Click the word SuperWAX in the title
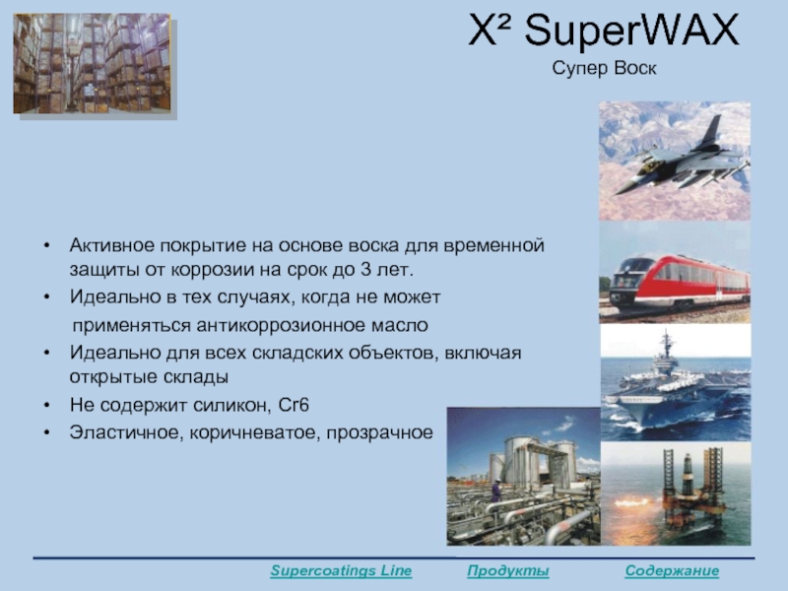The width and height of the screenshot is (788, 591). (631, 32)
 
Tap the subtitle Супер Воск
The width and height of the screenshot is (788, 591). (604, 68)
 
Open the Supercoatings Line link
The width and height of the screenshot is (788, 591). (341, 571)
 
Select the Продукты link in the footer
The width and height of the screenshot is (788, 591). (508, 571)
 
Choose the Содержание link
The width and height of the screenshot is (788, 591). (672, 571)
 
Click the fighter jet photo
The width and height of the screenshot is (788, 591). (675, 161)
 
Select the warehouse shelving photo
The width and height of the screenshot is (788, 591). (92, 63)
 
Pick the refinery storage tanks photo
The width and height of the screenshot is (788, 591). (524, 476)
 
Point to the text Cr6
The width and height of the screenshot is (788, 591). (294, 405)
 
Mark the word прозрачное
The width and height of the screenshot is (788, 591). (379, 433)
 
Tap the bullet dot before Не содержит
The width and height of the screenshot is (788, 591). (46, 405)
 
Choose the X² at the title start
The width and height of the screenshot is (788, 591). (489, 32)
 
